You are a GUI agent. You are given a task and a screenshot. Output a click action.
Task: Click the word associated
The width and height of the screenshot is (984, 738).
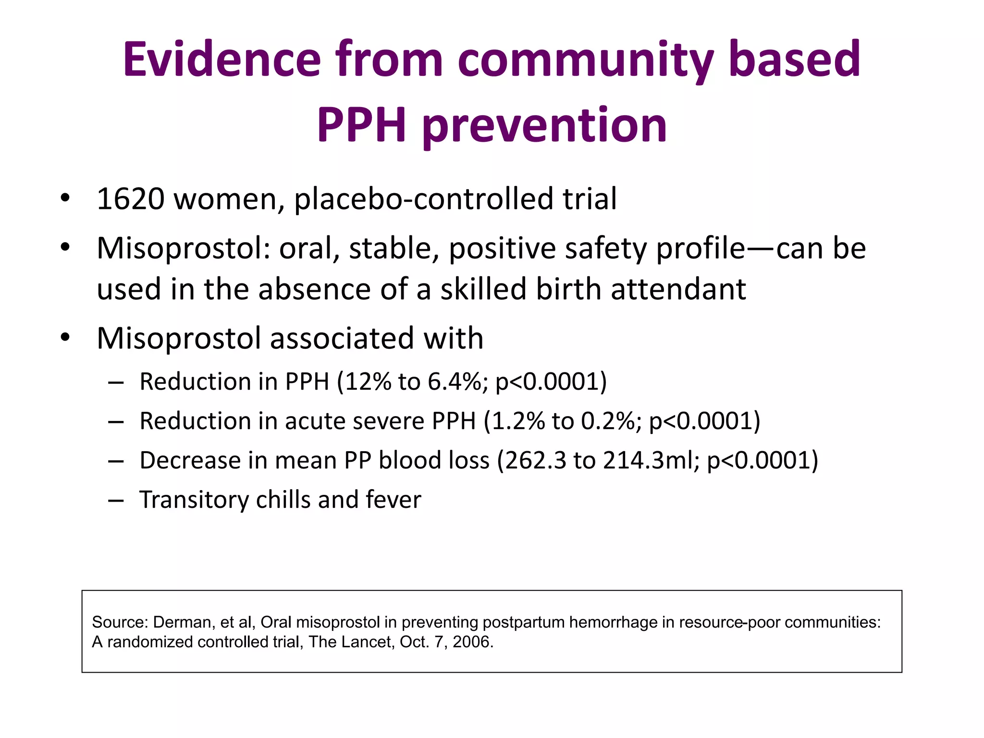tap(342, 338)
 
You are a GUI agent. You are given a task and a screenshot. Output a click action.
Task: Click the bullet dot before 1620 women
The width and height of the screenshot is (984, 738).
tap(65, 199)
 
